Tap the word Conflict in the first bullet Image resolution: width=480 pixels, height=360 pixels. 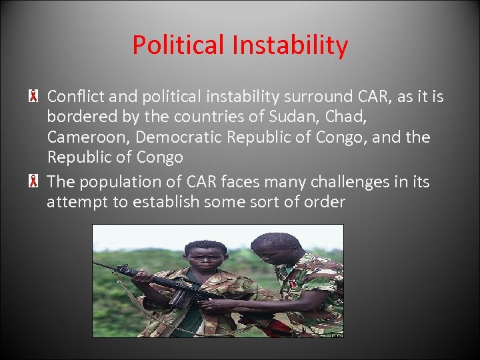tap(75, 97)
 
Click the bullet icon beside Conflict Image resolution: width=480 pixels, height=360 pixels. tap(32, 97)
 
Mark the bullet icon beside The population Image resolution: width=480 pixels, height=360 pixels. tap(32, 181)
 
